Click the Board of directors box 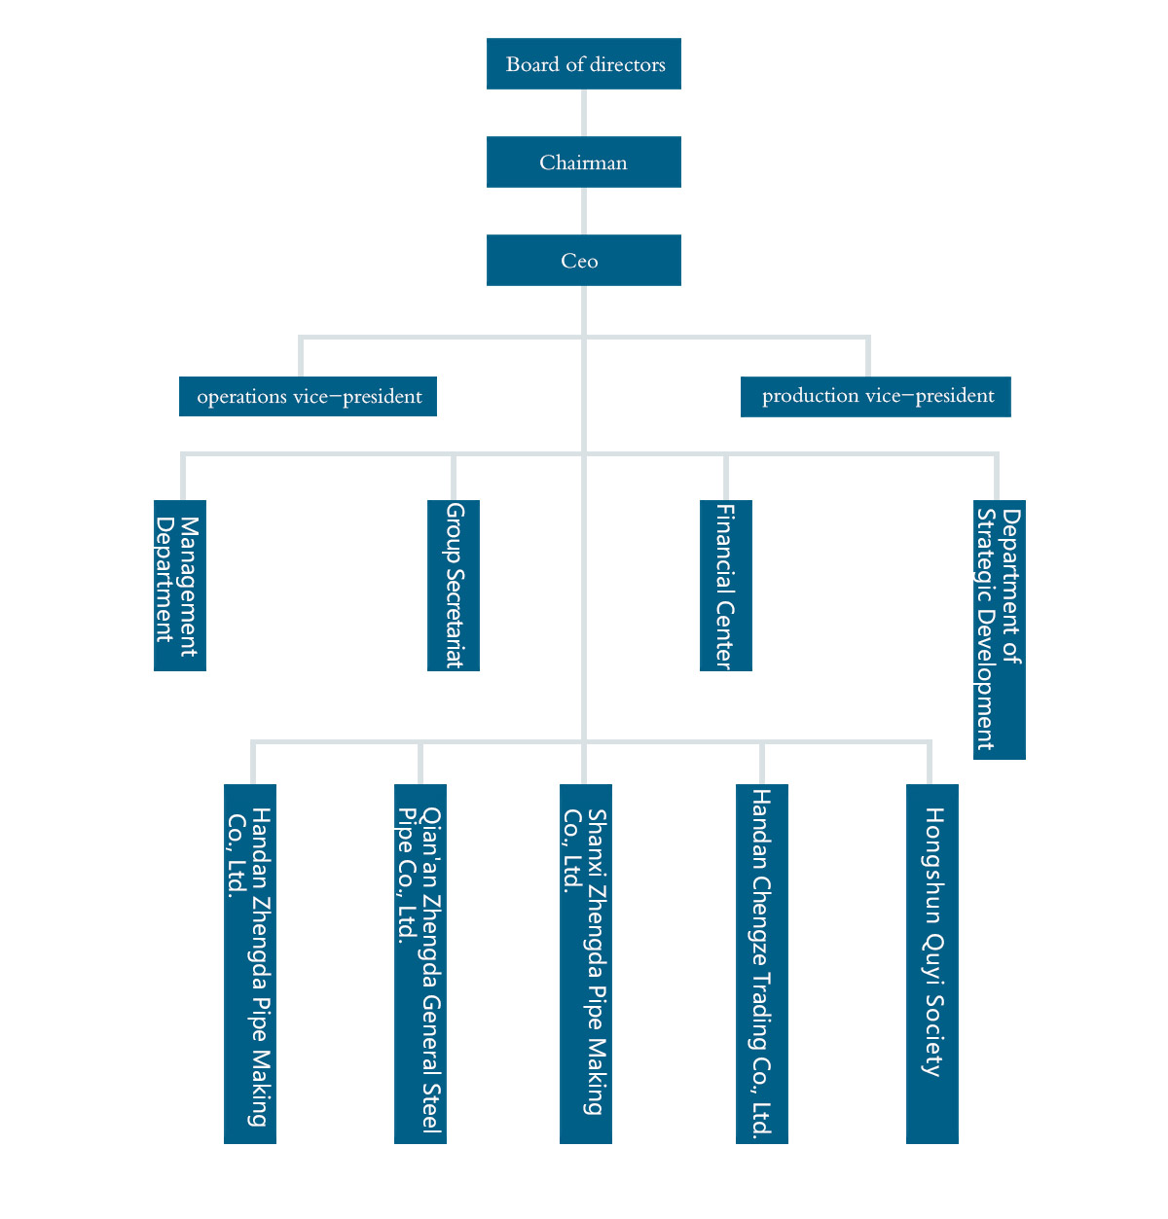click(x=583, y=64)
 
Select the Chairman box click(x=583, y=162)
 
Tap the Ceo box click(x=583, y=261)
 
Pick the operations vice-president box click(x=308, y=397)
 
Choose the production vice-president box click(x=875, y=396)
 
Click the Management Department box click(x=180, y=586)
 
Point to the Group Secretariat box click(x=454, y=586)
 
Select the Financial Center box click(x=726, y=586)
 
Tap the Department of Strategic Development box click(x=1000, y=629)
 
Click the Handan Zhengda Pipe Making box click(x=250, y=963)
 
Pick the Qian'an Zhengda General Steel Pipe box click(x=420, y=963)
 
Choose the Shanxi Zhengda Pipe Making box click(x=586, y=963)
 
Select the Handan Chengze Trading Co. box click(x=762, y=963)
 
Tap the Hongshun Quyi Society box click(x=932, y=963)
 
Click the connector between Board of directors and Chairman click(x=584, y=113)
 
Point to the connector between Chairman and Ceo click(x=584, y=211)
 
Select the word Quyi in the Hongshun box click(x=933, y=957)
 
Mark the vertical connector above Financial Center click(x=726, y=477)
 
